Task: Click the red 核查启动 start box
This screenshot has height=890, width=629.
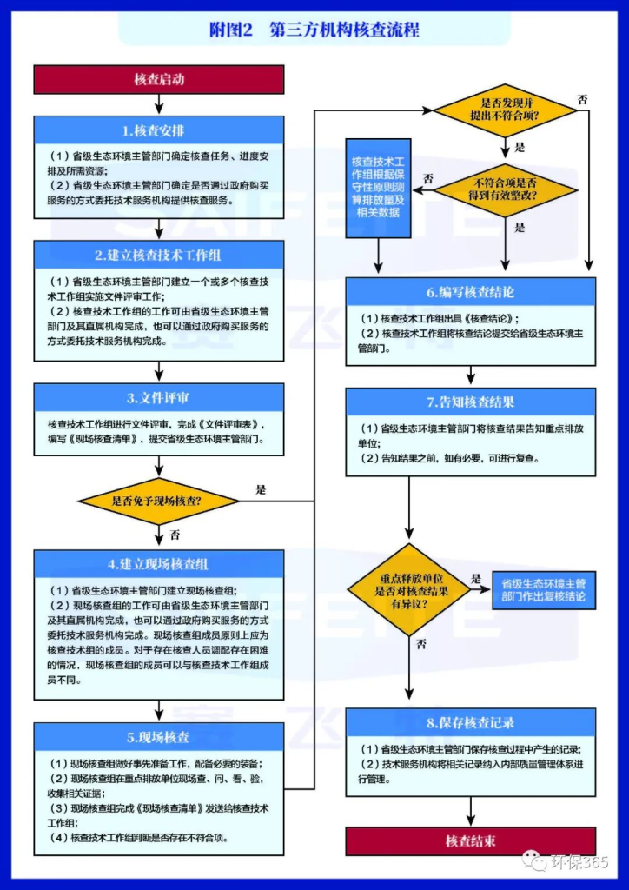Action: (x=159, y=79)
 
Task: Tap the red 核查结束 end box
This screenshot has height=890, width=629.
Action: (x=471, y=840)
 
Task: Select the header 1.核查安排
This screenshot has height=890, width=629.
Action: (x=159, y=131)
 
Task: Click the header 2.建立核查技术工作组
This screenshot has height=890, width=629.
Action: (x=159, y=255)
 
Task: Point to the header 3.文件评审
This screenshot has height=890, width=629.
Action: (x=159, y=398)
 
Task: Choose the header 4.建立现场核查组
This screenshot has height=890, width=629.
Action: (x=159, y=564)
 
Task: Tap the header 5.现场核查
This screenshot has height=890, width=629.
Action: (x=159, y=737)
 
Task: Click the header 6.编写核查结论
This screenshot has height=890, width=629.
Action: (x=471, y=292)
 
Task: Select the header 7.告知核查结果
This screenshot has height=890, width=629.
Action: (x=471, y=402)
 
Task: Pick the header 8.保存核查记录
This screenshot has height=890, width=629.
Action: (x=471, y=722)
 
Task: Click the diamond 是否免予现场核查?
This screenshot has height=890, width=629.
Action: (x=158, y=501)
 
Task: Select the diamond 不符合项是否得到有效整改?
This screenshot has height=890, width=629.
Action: (x=507, y=189)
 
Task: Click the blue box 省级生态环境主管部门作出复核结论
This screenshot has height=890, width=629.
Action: (x=543, y=590)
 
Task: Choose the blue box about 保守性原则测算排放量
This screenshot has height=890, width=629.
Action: (x=378, y=187)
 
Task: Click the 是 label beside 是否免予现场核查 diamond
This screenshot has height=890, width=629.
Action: (x=261, y=489)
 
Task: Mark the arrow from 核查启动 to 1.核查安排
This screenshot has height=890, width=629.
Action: (x=159, y=103)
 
